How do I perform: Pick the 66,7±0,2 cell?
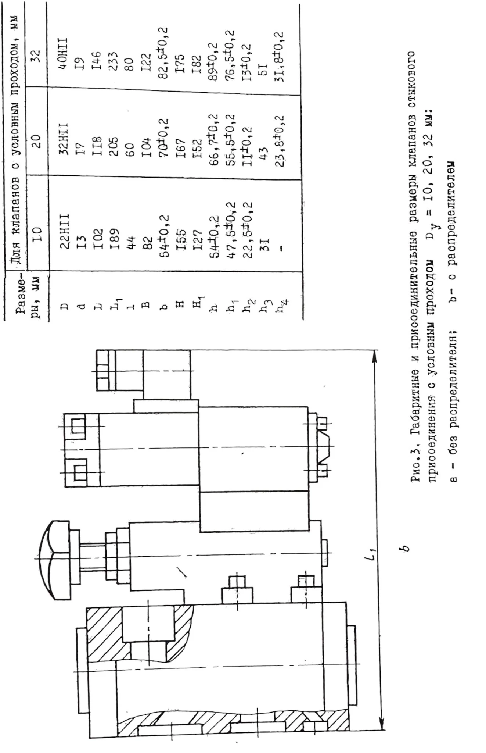213,140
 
